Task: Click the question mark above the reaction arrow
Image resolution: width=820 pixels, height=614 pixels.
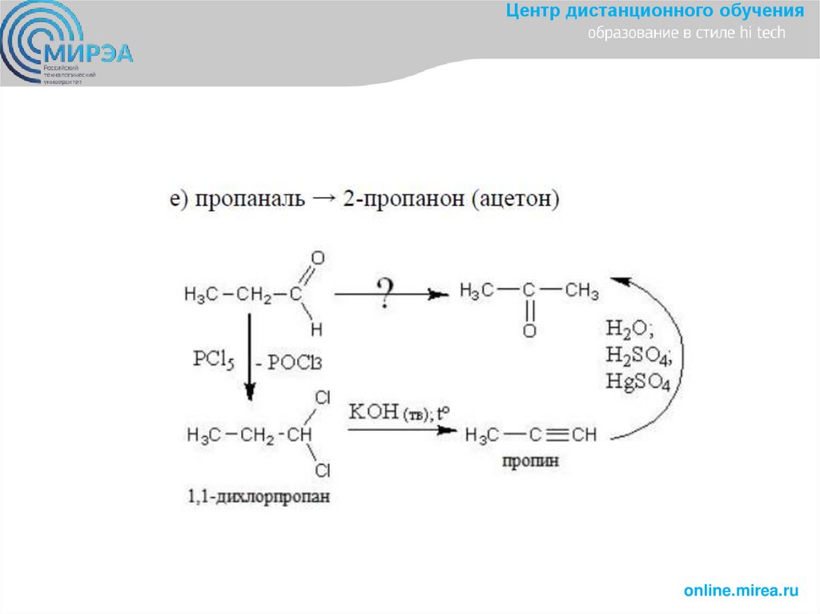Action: pyautogui.click(x=385, y=293)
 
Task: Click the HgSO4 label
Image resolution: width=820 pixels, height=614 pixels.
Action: pyautogui.click(x=637, y=381)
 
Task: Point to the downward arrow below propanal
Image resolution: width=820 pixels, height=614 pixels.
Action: pyautogui.click(x=249, y=356)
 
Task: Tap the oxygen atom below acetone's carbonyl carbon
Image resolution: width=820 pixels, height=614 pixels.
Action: pyautogui.click(x=529, y=330)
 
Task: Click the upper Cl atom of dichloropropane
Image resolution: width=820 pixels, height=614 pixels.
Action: pyautogui.click(x=323, y=398)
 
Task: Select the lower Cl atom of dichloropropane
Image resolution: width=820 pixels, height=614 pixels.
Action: pyautogui.click(x=323, y=470)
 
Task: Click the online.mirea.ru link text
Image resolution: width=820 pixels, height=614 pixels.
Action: pyautogui.click(x=742, y=591)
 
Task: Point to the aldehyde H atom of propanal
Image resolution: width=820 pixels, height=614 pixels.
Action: pyautogui.click(x=316, y=328)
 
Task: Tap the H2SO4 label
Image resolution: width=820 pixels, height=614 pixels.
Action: pyautogui.click(x=637, y=355)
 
